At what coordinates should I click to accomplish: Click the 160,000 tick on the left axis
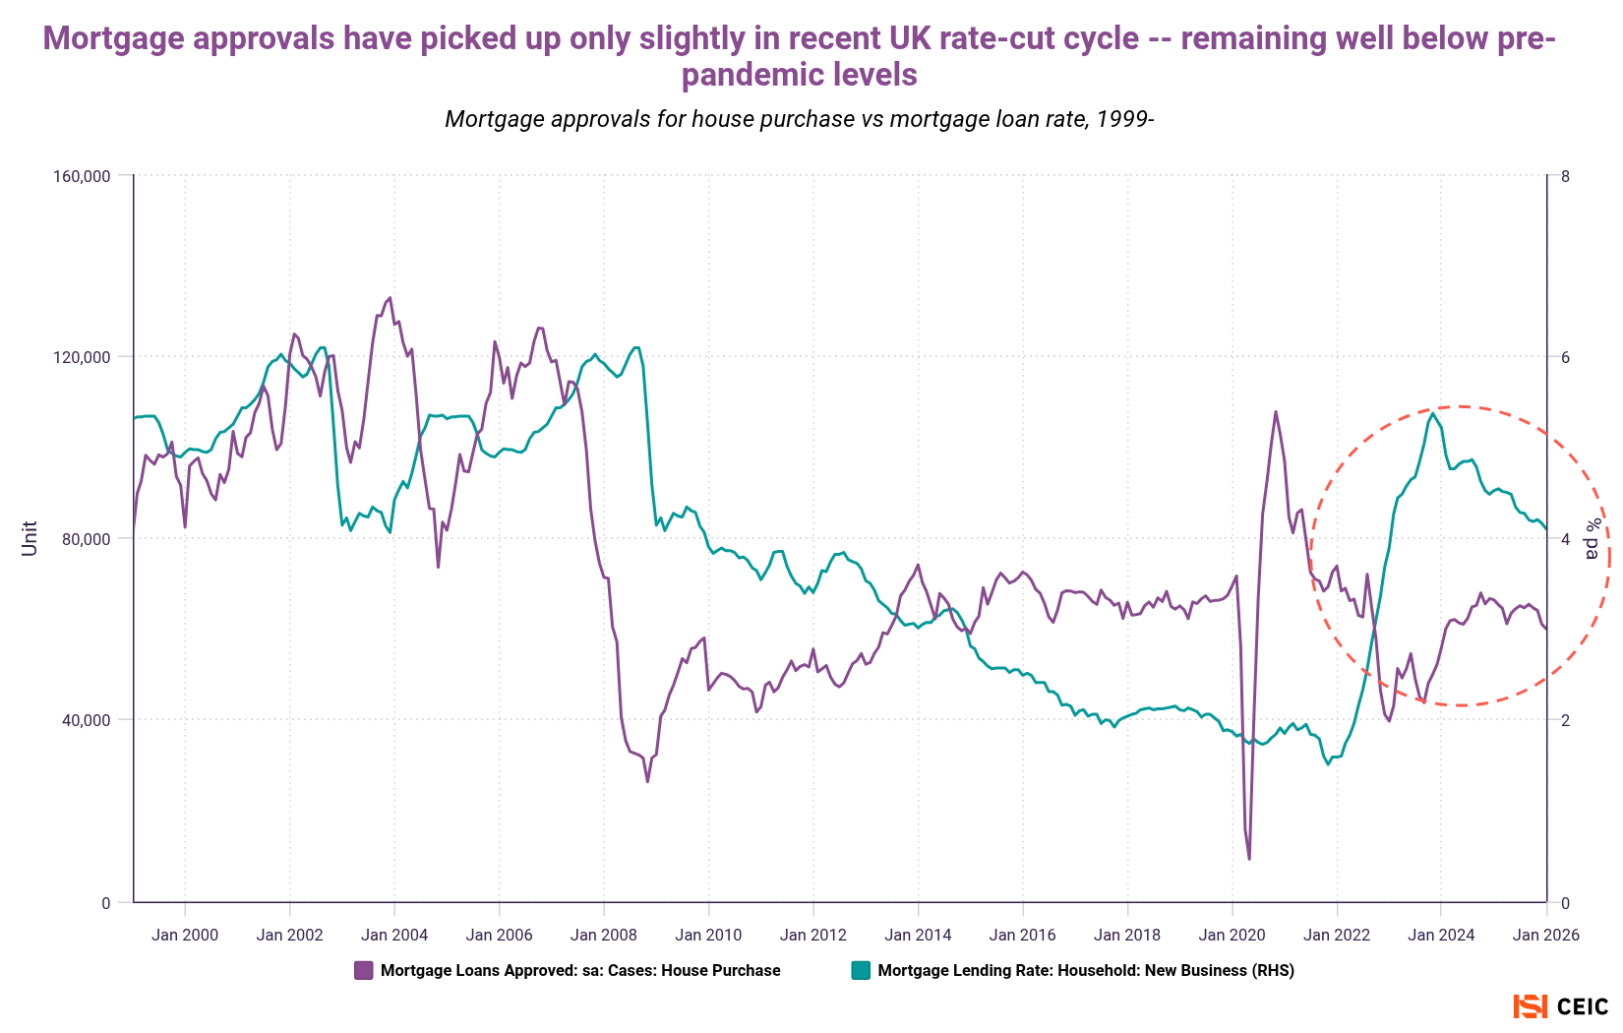pyautogui.click(x=82, y=176)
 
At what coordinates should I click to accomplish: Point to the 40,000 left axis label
pyautogui.click(x=86, y=720)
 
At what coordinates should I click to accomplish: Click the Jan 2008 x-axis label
pyautogui.click(x=603, y=935)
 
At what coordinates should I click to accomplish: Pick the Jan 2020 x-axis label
pyautogui.click(x=1232, y=935)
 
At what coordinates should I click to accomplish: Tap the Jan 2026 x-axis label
pyautogui.click(x=1544, y=935)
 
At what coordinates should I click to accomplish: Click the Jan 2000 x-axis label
pyautogui.click(x=185, y=935)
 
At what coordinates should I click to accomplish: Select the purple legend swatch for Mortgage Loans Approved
pyautogui.click(x=364, y=970)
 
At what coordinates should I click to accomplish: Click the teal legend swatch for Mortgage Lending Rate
pyautogui.click(x=861, y=970)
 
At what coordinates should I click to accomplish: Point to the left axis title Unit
pyautogui.click(x=30, y=538)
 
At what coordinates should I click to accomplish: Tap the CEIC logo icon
pyautogui.click(x=1530, y=1006)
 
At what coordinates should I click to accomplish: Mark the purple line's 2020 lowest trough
pyautogui.click(x=1249, y=859)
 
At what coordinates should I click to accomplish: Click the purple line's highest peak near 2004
pyautogui.click(x=390, y=298)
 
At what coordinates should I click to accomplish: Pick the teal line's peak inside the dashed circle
pyautogui.click(x=1433, y=414)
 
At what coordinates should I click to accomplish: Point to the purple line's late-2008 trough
pyautogui.click(x=647, y=781)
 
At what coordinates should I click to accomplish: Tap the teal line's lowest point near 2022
pyautogui.click(x=1328, y=763)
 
